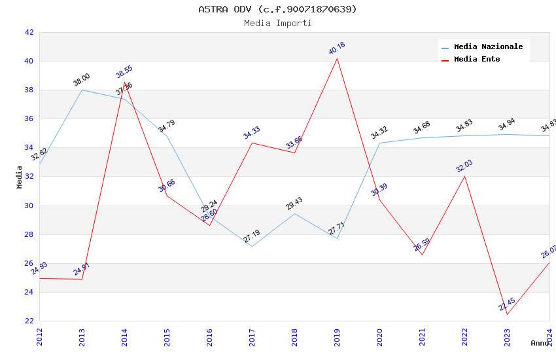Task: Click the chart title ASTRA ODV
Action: [277, 9]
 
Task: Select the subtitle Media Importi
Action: [277, 23]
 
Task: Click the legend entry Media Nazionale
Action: [488, 46]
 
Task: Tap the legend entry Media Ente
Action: [477, 59]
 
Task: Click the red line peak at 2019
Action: [337, 59]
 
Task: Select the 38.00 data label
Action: [82, 80]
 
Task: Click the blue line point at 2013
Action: [82, 90]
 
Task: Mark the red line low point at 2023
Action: [507, 314]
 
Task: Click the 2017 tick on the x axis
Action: [252, 336]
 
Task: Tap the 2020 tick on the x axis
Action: [379, 336]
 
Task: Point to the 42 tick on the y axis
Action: [29, 32]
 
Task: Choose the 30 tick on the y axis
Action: [29, 206]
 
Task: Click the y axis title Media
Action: [20, 177]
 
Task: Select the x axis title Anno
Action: [540, 343]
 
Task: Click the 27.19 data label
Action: [252, 236]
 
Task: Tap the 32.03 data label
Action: [464, 166]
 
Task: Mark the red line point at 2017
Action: [252, 143]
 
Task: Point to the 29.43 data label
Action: [294, 204]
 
